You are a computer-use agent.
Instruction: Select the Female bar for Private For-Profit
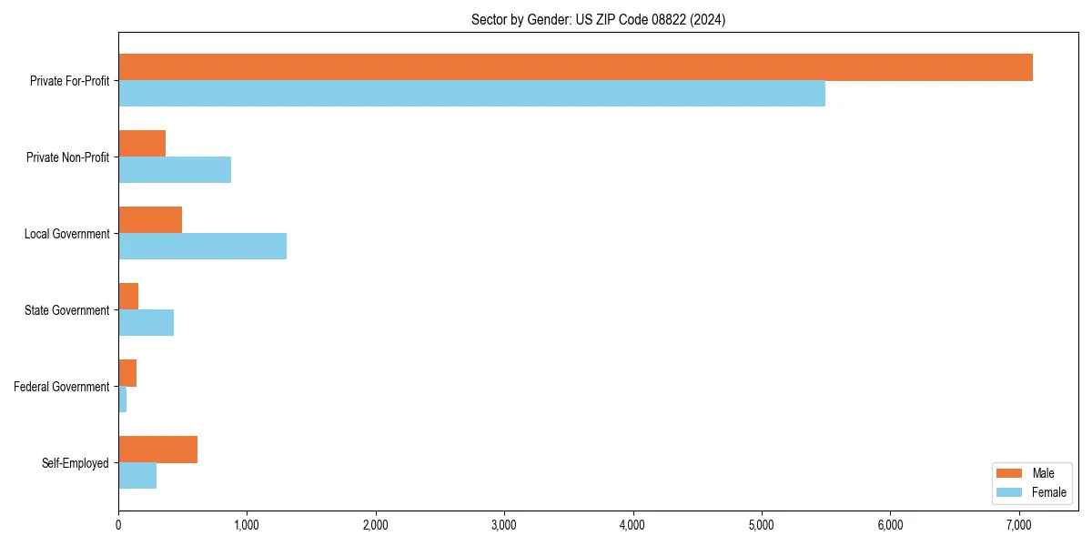point(471,94)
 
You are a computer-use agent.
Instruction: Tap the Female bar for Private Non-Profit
point(175,170)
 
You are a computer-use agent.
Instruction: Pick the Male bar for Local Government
point(150,220)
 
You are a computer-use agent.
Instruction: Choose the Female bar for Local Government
point(202,247)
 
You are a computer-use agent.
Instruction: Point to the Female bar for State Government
point(146,323)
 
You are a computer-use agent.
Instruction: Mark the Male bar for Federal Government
point(127,373)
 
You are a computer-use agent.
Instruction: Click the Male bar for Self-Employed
point(157,450)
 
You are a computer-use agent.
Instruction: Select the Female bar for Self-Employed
point(137,476)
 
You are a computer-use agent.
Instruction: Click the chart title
point(598,19)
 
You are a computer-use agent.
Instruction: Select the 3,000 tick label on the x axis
point(503,524)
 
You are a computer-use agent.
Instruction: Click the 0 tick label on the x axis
point(118,524)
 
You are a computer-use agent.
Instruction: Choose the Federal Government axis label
point(62,387)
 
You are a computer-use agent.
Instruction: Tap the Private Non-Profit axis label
point(67,157)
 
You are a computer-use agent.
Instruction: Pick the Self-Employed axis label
point(76,463)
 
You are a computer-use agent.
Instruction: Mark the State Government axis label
point(67,310)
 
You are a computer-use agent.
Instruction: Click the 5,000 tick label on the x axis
point(761,524)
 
